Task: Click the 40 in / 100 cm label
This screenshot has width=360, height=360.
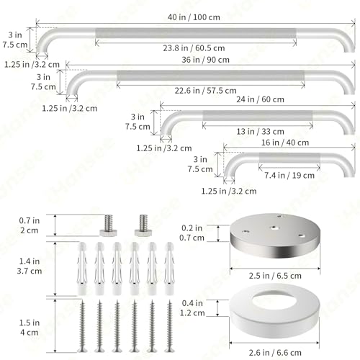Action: [194, 17]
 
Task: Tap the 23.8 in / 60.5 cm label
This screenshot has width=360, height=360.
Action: [194, 48]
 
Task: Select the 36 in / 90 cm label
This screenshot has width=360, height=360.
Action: [205, 60]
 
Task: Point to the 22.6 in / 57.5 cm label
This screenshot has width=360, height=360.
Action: [205, 91]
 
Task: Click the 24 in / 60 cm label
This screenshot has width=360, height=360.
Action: [260, 99]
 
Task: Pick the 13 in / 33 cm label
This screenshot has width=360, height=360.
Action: [260, 132]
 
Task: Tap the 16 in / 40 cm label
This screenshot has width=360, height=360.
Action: [285, 143]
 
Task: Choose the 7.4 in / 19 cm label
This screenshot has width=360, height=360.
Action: [289, 176]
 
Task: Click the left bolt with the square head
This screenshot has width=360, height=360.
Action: [109, 225]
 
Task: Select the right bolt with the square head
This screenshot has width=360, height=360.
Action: [143, 225]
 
